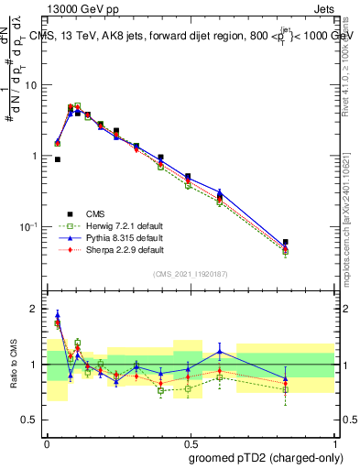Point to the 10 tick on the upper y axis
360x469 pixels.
click(33, 85)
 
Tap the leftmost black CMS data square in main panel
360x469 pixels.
click(58, 159)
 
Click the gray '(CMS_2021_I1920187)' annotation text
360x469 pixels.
click(190, 273)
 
